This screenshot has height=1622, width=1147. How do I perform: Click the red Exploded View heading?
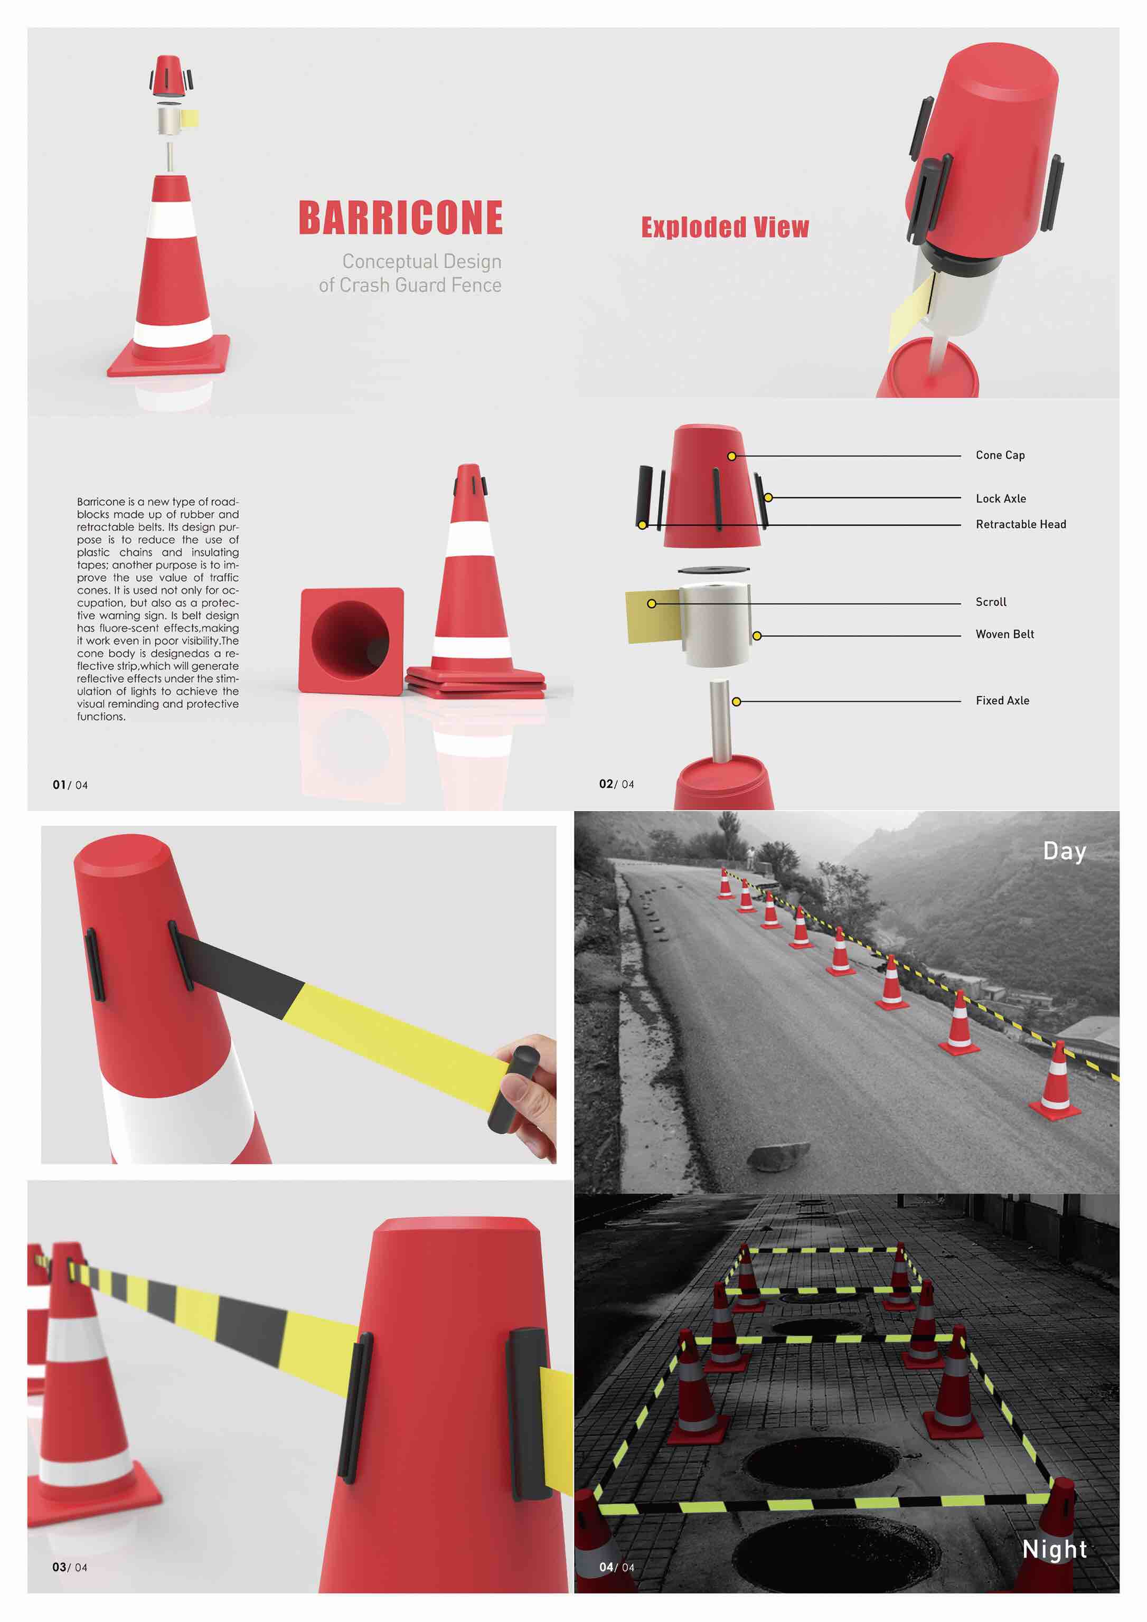point(725,228)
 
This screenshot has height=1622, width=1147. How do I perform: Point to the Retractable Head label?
point(1020,524)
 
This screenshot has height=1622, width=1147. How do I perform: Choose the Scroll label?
point(990,602)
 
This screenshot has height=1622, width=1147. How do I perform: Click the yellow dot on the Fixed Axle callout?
point(736,702)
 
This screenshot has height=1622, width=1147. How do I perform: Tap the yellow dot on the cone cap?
point(731,456)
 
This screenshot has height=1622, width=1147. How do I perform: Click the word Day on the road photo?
point(1064,851)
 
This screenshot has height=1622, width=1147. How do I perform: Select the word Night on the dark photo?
point(1054,1549)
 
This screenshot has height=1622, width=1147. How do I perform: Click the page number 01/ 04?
point(70,785)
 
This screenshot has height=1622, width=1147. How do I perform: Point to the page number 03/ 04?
point(69,1567)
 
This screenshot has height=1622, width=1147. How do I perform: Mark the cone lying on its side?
point(351,641)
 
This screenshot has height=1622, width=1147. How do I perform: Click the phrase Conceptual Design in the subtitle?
point(421,261)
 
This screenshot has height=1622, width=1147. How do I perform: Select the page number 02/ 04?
point(616,784)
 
